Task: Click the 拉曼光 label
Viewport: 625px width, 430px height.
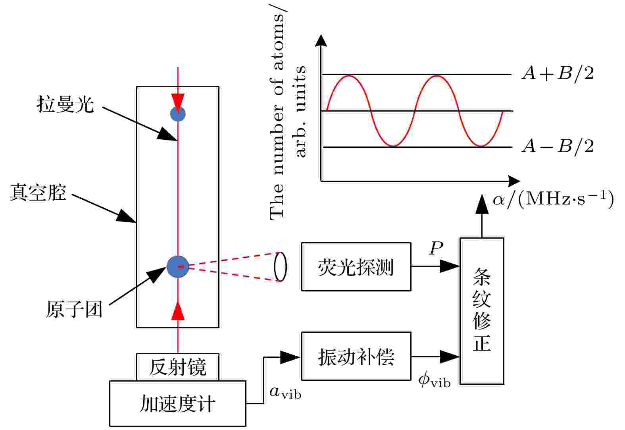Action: pyautogui.click(x=65, y=105)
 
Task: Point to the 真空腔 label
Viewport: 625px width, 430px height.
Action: pyautogui.click(x=38, y=193)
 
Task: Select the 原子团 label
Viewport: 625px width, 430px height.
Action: pyautogui.click(x=74, y=309)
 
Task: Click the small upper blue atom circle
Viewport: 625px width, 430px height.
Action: pyautogui.click(x=178, y=114)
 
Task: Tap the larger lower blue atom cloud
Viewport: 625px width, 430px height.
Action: pyautogui.click(x=178, y=267)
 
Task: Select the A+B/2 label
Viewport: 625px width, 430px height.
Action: pyautogui.click(x=558, y=74)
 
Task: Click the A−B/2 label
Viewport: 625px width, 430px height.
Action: pyautogui.click(x=558, y=147)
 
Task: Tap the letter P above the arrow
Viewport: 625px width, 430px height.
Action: pyautogui.click(x=436, y=248)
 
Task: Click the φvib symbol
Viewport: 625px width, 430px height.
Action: pyautogui.click(x=435, y=381)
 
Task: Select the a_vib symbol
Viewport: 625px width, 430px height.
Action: pyautogui.click(x=285, y=393)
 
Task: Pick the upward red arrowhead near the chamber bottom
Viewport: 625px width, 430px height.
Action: pyautogui.click(x=178, y=310)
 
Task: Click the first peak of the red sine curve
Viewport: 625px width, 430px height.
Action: pyautogui.click(x=349, y=76)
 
